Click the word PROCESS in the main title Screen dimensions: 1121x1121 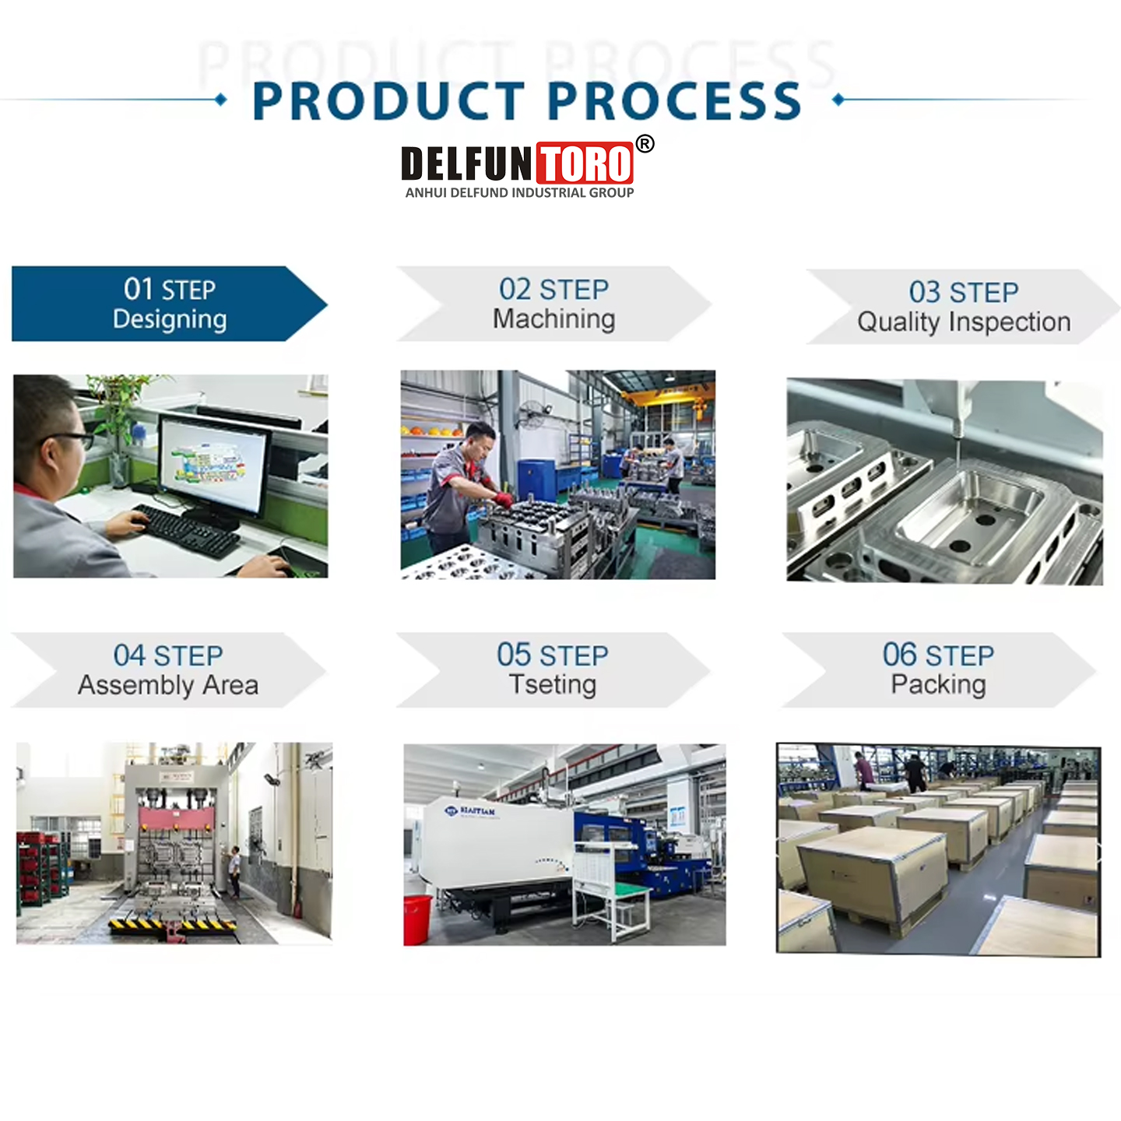coord(674,101)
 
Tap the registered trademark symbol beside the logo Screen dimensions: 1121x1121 coord(645,143)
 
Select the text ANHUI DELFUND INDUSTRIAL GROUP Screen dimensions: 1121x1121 coord(519,192)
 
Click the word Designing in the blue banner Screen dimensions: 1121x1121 coord(170,319)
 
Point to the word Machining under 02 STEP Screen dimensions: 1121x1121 coord(553,319)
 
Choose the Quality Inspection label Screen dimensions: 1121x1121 coord(964,322)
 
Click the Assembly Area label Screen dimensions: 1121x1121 coord(168,685)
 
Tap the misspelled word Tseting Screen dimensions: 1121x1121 coord(553,685)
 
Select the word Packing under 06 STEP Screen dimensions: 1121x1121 coord(938,685)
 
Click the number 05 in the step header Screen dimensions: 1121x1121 coord(514,655)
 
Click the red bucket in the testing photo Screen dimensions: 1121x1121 coord(417,919)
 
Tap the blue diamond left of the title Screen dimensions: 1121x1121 coord(221,100)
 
